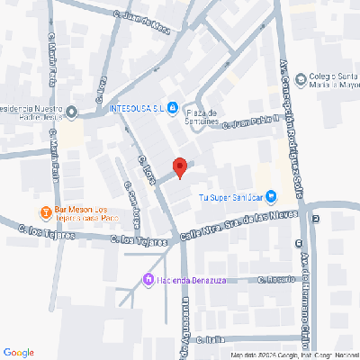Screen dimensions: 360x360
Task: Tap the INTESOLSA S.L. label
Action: [x=134, y=108]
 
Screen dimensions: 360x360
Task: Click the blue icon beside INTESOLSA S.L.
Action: [x=172, y=108]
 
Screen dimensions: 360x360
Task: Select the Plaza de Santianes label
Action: [x=204, y=116]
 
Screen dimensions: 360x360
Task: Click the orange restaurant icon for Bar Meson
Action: [x=44, y=212]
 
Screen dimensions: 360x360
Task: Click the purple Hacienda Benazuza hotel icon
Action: [x=149, y=278]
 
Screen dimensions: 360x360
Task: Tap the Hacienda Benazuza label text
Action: [x=193, y=278]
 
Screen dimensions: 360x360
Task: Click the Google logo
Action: [x=18, y=351]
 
